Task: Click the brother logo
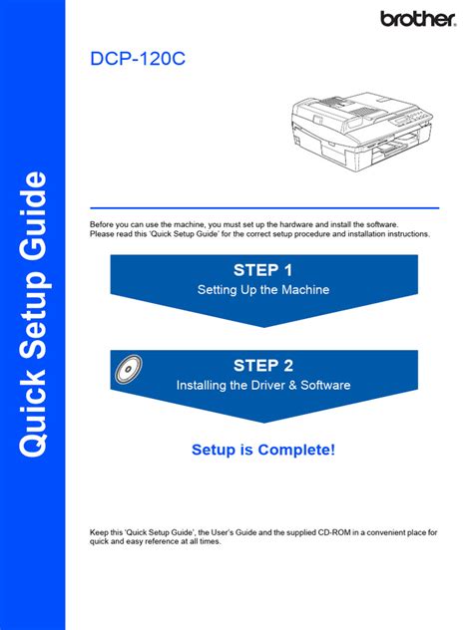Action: [x=416, y=18]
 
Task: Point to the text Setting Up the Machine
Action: [x=262, y=290]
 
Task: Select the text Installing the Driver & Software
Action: [x=262, y=385]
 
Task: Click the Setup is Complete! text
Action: [x=262, y=451]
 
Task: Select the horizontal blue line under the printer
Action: [x=263, y=208]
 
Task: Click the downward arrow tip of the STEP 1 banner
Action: [x=262, y=325]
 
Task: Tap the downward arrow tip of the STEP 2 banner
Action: [x=262, y=422]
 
